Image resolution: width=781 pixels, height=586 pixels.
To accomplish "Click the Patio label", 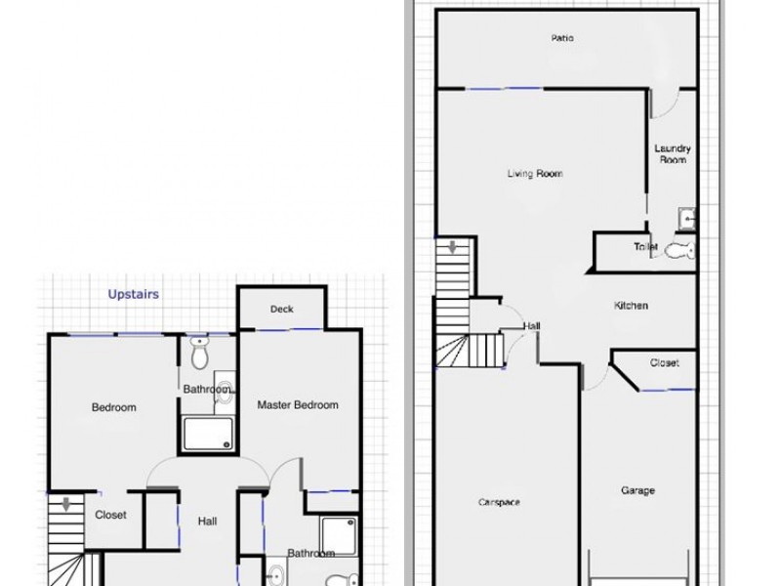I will click(x=561, y=38).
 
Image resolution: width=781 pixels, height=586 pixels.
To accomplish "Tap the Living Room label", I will click(x=535, y=174).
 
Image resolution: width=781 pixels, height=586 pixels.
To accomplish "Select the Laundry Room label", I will click(x=673, y=153).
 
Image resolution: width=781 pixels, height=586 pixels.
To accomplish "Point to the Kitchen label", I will click(x=631, y=306).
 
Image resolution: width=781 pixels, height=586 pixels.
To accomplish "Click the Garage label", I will click(x=637, y=490).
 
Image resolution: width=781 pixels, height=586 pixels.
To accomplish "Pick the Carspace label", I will click(x=499, y=502).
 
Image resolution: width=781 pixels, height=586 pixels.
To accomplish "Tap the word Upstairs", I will click(x=134, y=293).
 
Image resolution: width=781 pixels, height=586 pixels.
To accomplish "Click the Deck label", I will click(x=281, y=310).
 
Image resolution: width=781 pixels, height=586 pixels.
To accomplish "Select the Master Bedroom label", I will click(x=298, y=404).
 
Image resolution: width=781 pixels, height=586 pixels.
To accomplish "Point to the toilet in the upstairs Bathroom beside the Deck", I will click(x=199, y=353).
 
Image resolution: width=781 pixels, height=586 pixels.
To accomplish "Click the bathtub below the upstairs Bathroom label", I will click(x=208, y=433).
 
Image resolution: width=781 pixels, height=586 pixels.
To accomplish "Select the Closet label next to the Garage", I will click(x=664, y=362).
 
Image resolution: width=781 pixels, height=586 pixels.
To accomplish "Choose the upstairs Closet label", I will click(x=110, y=515).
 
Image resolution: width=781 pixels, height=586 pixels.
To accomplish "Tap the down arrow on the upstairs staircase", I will click(x=65, y=505).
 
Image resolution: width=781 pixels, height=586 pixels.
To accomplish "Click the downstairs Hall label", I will click(x=532, y=326).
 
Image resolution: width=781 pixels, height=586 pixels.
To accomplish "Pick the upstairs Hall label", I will click(x=207, y=522).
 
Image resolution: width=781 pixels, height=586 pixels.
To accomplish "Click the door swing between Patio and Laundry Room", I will click(x=661, y=105).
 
